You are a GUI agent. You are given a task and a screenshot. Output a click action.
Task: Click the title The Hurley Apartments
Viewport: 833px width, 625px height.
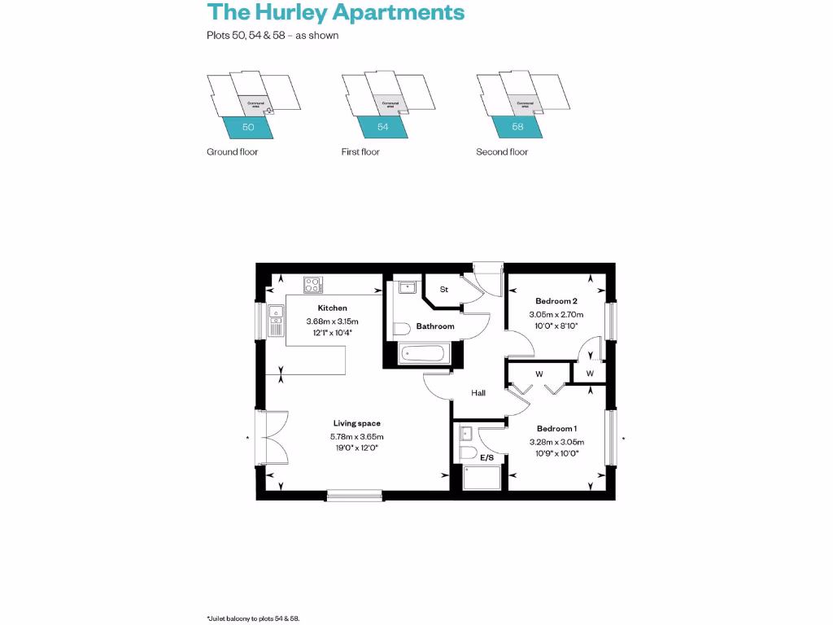(336, 12)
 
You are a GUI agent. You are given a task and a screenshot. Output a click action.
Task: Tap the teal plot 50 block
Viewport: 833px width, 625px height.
(248, 128)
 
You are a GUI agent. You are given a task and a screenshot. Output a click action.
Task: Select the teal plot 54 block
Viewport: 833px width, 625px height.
(382, 128)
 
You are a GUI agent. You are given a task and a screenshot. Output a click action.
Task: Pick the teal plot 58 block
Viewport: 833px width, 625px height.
(517, 128)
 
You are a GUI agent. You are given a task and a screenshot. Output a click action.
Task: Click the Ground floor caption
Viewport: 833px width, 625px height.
(232, 152)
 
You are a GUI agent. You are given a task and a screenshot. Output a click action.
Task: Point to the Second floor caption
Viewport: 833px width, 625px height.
(502, 152)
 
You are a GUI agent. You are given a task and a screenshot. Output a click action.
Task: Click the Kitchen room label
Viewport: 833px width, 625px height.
(332, 308)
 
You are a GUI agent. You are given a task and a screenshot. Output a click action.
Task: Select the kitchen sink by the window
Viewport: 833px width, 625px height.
(275, 326)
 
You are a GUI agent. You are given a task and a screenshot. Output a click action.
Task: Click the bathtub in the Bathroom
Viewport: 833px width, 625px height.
(422, 354)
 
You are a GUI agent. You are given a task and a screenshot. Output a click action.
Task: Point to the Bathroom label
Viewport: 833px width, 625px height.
(435, 326)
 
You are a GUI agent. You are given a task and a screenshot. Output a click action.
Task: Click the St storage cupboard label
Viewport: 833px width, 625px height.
(444, 289)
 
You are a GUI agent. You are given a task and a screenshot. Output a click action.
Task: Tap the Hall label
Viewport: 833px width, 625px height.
(478, 393)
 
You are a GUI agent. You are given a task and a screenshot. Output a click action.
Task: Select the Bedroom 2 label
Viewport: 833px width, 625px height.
(556, 301)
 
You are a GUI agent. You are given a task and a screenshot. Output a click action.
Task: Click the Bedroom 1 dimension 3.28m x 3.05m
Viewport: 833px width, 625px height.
(556, 442)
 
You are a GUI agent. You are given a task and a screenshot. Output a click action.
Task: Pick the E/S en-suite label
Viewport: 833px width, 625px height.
(487, 458)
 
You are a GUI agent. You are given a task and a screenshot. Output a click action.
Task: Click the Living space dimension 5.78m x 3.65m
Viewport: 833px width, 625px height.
(356, 436)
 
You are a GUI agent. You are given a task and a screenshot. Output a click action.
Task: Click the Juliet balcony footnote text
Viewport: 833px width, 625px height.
(254, 618)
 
